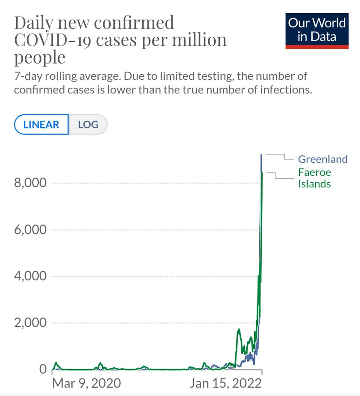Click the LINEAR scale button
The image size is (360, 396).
click(x=41, y=125)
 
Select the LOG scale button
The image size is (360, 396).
click(x=88, y=125)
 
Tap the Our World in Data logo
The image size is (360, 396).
click(x=317, y=30)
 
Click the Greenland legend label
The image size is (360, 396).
click(x=322, y=159)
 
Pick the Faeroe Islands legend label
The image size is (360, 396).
click(x=314, y=178)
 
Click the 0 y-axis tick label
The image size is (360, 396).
click(x=43, y=369)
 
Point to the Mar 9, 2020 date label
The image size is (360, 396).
click(x=86, y=383)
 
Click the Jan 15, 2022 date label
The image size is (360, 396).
click(x=225, y=383)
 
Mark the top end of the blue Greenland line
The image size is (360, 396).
click(x=261, y=154)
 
